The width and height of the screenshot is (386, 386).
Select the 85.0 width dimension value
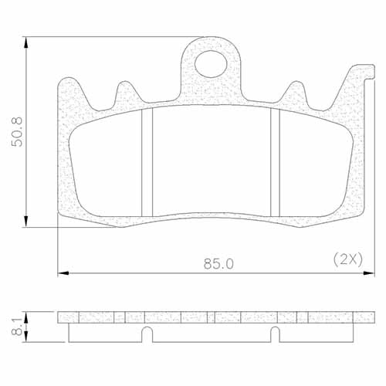coord(218,263)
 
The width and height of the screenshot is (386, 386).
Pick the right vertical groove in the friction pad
coord(274,161)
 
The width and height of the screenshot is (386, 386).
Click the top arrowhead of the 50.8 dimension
coord(28,40)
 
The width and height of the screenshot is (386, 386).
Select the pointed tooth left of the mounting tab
coord(124,91)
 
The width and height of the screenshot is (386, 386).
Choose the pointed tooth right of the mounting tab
coord(296,91)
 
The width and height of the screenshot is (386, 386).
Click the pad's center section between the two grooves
coord(211,162)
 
